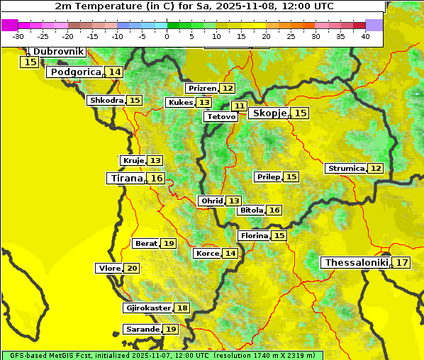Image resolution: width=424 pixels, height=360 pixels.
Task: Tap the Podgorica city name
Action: [74, 72]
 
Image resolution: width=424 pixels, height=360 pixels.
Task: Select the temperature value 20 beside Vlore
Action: [132, 268]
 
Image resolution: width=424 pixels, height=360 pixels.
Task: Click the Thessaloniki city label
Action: [356, 263]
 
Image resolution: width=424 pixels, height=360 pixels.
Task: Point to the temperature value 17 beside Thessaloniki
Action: [401, 263]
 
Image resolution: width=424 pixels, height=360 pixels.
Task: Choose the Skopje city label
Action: [269, 113]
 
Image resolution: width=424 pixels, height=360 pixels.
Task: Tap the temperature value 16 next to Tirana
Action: [157, 179]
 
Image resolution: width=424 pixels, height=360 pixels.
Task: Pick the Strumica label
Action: [345, 169]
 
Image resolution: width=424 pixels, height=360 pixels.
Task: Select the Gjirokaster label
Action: [147, 308]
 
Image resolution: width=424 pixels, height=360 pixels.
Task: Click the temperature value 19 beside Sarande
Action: [170, 330]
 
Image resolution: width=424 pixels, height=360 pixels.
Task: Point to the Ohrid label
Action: [211, 201]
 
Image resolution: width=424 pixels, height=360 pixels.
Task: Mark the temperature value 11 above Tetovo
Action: [239, 106]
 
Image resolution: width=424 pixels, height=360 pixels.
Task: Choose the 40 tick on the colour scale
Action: [365, 36]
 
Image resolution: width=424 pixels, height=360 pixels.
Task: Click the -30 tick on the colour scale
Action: [19, 36]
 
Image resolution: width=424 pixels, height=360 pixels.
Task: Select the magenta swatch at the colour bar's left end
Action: [9, 25]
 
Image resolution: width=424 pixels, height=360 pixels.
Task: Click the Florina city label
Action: [254, 235]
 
